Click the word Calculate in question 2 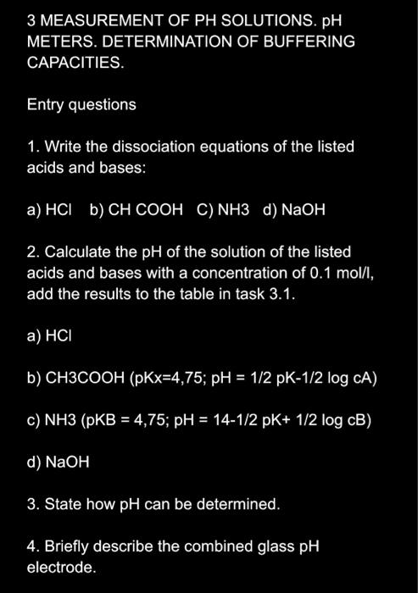pyautogui.click(x=75, y=252)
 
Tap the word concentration pyautogui.click(x=261, y=273)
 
